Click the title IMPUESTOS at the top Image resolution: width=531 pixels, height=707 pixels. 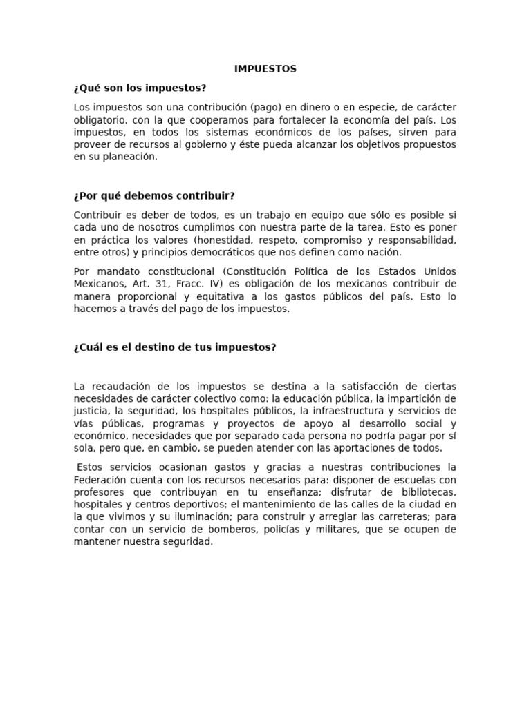pos(265,69)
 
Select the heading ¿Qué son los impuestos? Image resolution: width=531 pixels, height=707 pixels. pos(140,88)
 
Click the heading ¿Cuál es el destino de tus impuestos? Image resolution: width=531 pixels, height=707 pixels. pos(175,347)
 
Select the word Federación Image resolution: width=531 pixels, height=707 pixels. pos(101,479)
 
